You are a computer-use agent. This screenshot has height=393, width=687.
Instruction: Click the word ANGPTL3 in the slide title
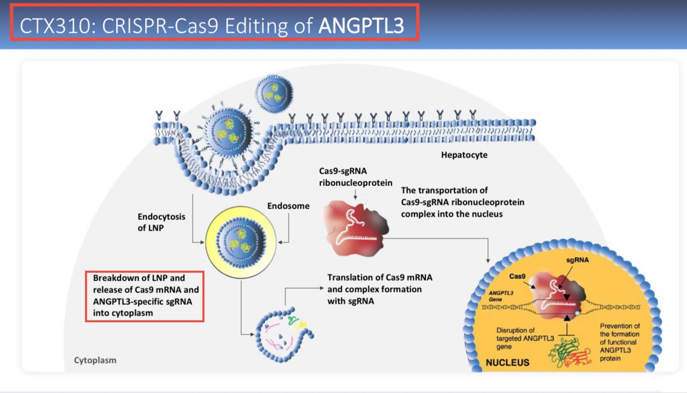361,26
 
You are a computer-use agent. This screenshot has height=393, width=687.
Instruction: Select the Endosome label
288,206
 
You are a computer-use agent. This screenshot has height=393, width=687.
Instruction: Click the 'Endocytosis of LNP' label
161,221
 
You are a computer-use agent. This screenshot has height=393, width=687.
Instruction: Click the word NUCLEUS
507,362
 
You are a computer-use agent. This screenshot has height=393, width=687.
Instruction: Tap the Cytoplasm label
95,360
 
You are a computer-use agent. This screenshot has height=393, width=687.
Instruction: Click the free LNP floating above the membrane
274,90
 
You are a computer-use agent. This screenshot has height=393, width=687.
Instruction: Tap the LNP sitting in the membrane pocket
231,132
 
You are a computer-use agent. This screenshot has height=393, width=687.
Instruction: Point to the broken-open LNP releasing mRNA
283,333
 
